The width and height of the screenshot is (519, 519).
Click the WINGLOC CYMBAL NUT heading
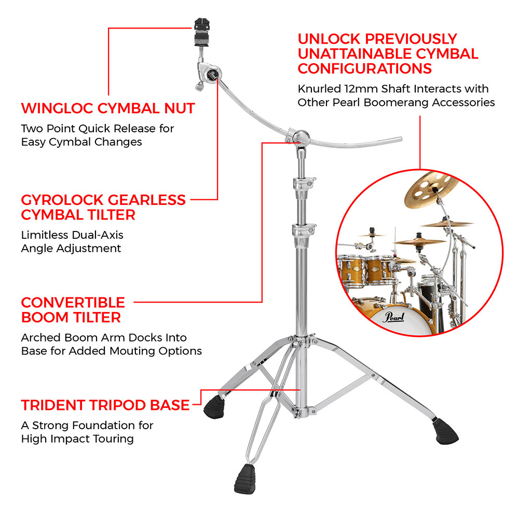point(108,108)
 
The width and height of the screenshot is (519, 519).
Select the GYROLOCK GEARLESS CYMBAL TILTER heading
point(103,207)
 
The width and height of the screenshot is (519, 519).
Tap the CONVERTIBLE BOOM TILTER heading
point(73,309)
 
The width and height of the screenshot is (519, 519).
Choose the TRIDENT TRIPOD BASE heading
point(105,405)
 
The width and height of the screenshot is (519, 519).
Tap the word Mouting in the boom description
point(133,351)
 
